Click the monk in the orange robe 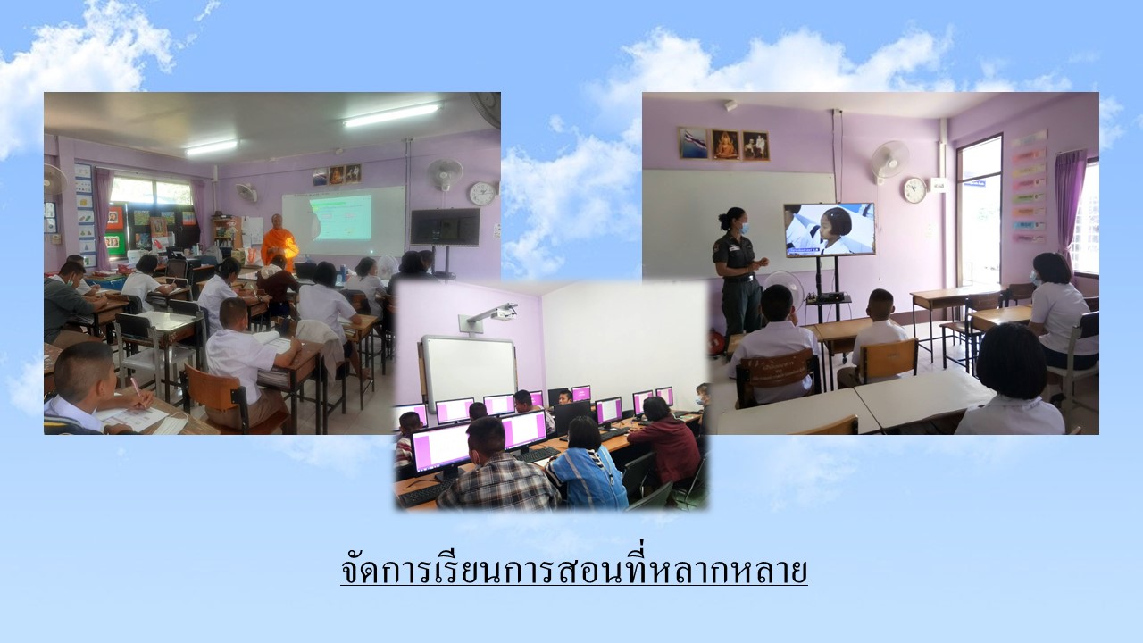point(279,242)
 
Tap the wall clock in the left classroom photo point(482,194)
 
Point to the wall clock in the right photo point(914,190)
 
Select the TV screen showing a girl point(830,230)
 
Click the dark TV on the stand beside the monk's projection point(445,227)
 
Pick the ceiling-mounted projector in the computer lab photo point(492,315)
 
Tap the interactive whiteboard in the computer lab point(469,373)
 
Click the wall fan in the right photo point(889,160)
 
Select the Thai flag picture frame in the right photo point(693,143)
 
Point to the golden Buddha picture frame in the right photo point(725,145)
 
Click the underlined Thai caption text point(574,570)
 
